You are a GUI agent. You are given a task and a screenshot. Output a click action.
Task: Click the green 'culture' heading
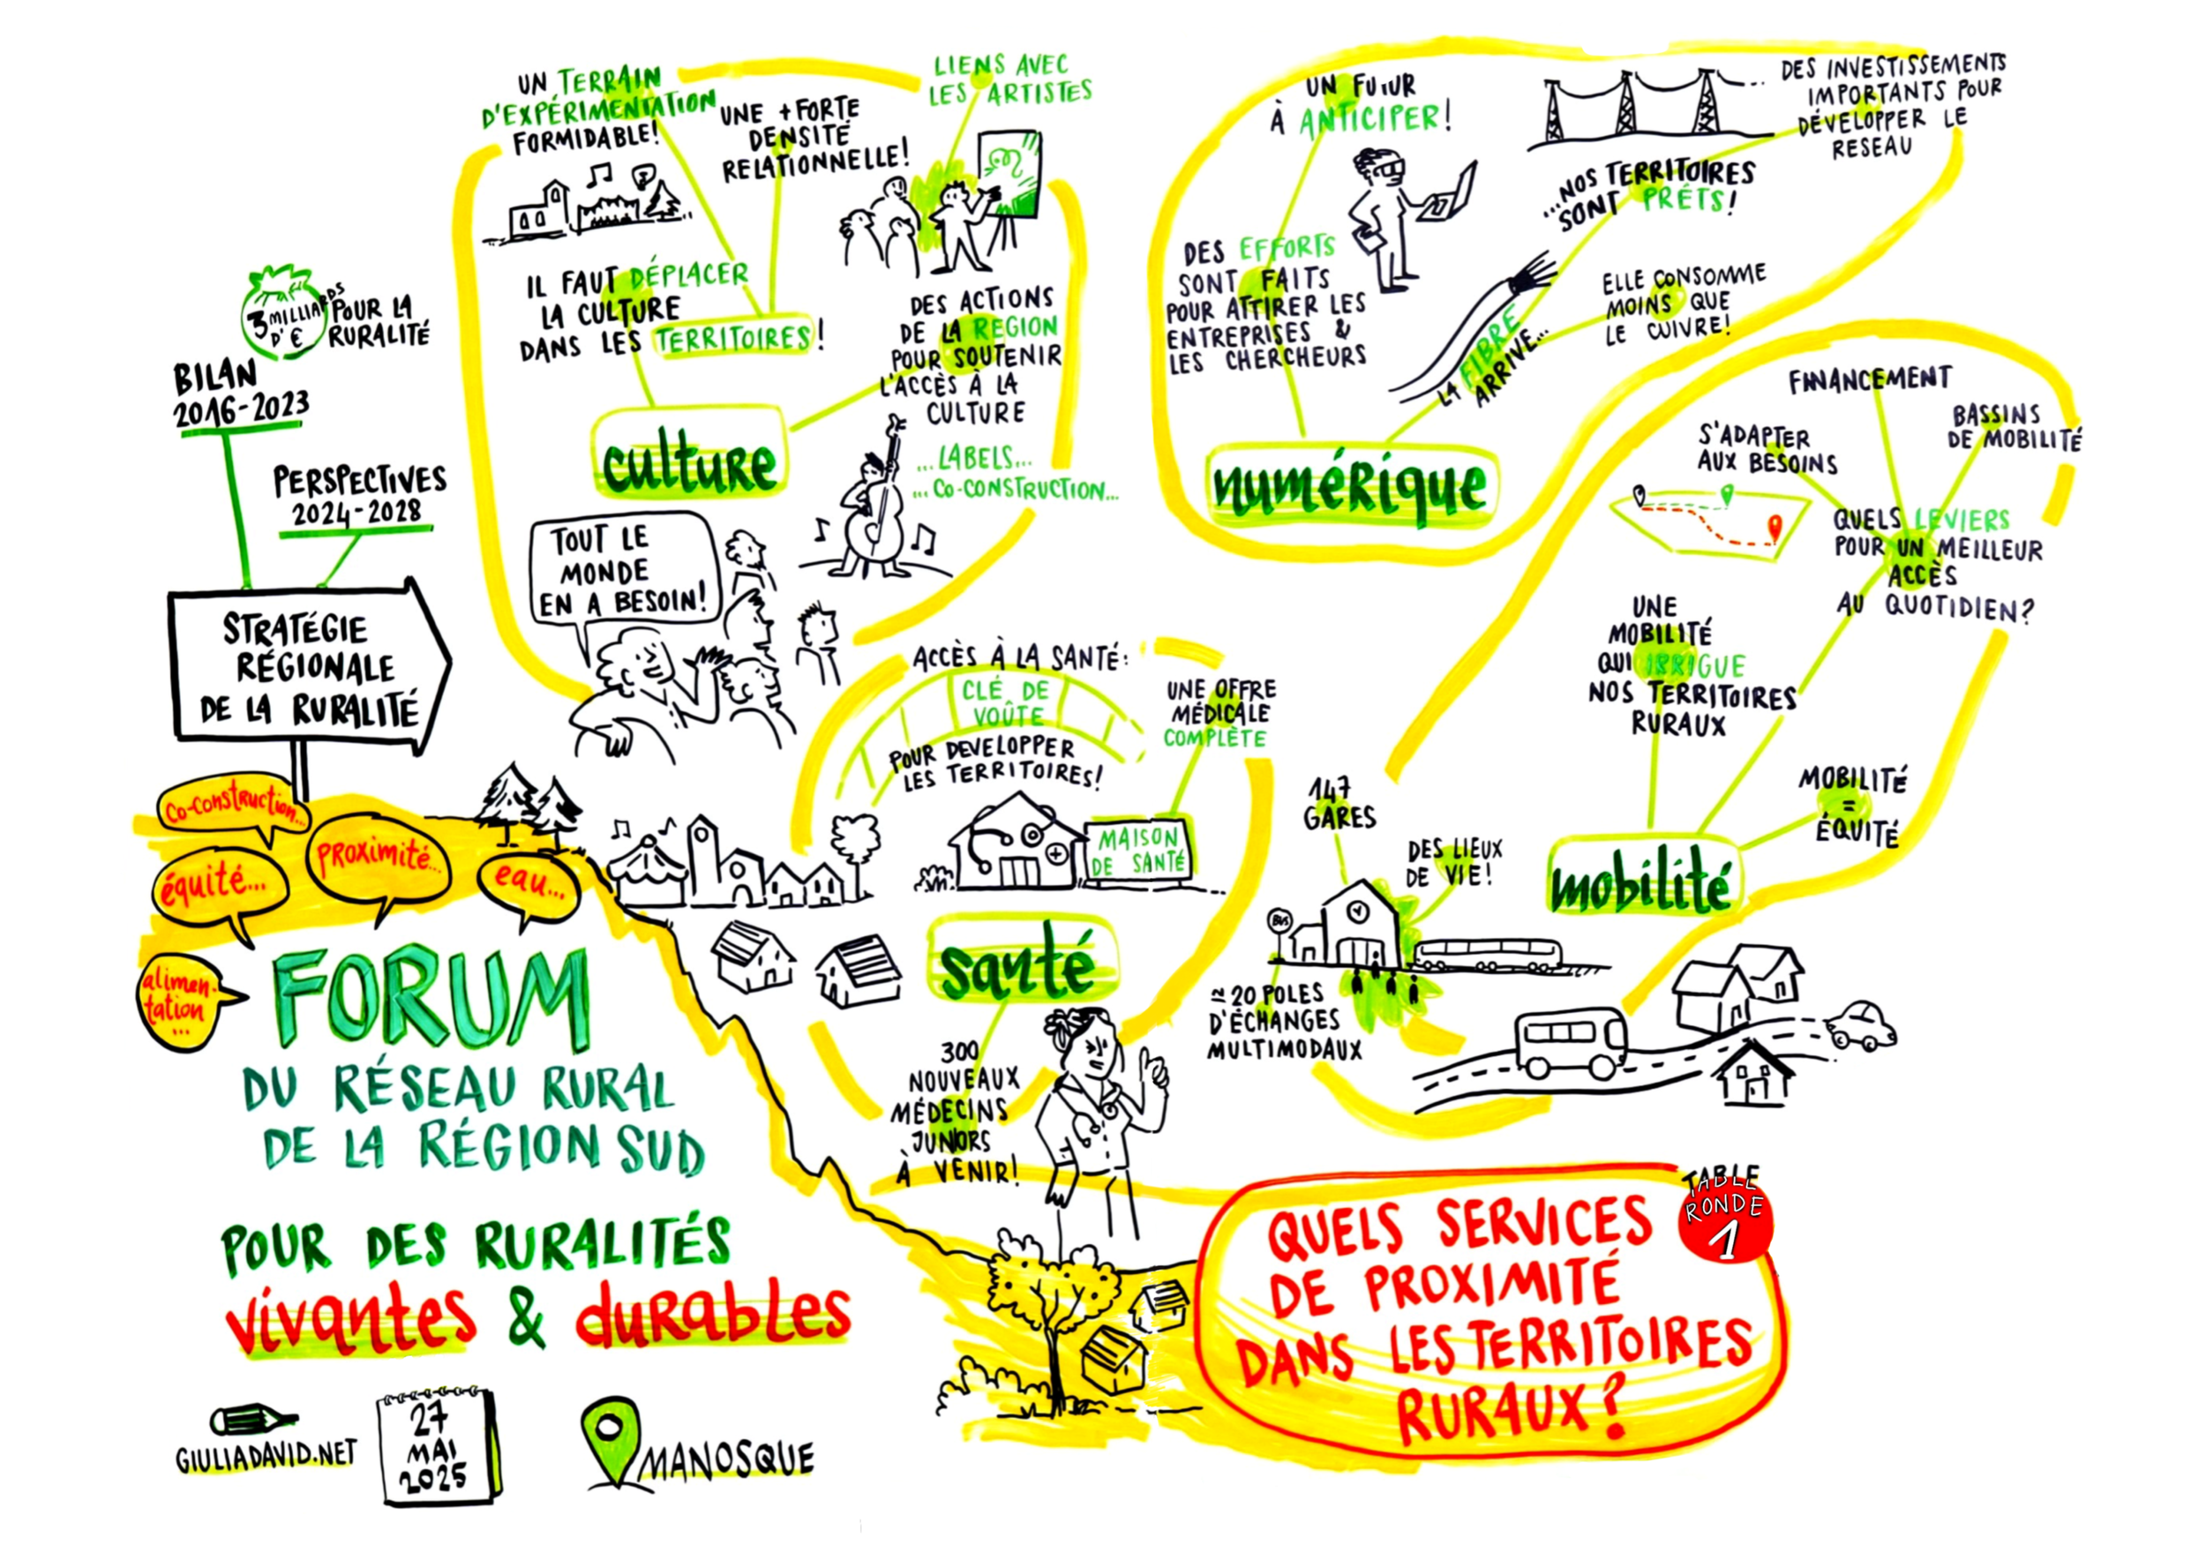coord(689,465)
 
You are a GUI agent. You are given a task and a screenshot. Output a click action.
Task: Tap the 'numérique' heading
coord(1349,487)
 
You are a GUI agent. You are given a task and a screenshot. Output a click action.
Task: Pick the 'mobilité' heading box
coord(1640,884)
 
